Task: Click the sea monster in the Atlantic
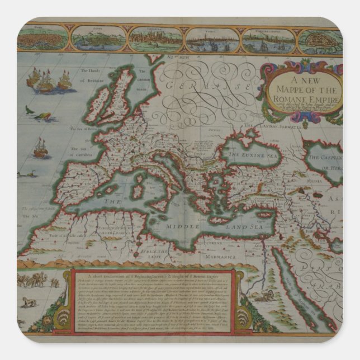(41, 117)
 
